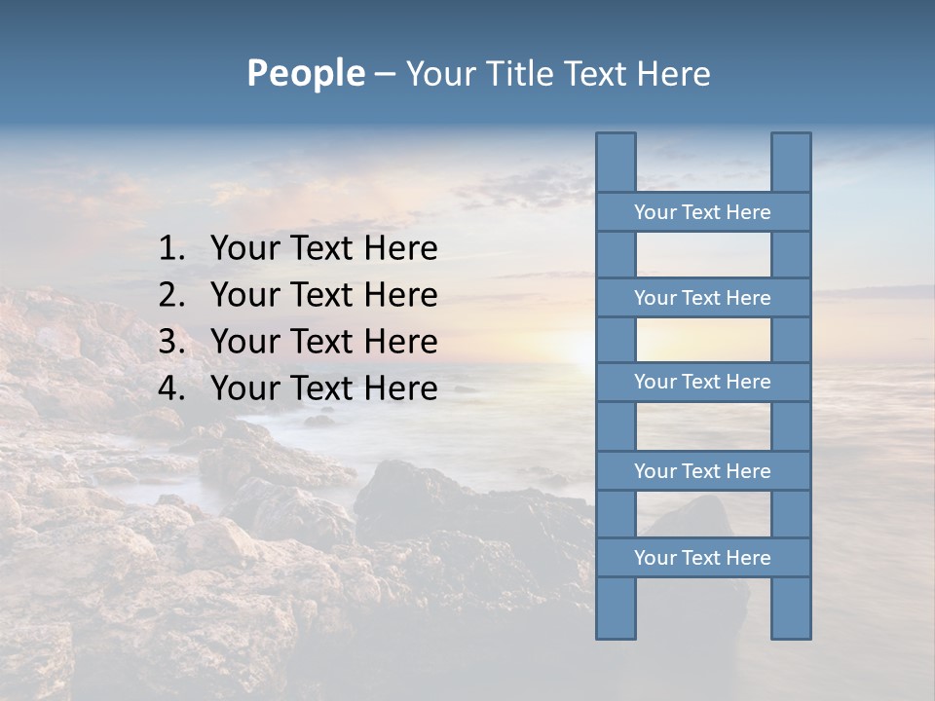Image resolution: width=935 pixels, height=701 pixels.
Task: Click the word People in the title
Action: (x=306, y=73)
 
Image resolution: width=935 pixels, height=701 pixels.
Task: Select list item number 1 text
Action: (x=323, y=248)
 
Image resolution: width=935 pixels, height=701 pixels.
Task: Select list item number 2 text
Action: (x=323, y=295)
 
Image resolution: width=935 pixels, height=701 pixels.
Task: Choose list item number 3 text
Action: (x=323, y=342)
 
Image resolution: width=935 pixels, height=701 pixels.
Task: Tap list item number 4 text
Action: (x=323, y=388)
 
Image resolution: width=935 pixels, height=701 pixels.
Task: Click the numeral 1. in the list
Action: (x=171, y=248)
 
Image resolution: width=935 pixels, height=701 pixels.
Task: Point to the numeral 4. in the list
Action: (x=171, y=388)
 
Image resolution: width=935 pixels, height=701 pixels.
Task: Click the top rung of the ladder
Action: (x=702, y=212)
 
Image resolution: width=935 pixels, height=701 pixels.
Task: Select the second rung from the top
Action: (x=702, y=298)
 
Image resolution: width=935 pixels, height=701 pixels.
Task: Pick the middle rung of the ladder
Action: (x=702, y=382)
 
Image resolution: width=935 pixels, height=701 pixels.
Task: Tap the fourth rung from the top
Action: (x=702, y=471)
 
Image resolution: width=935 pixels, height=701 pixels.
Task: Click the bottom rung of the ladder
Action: (x=702, y=558)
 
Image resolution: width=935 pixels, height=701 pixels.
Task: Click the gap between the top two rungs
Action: (x=703, y=255)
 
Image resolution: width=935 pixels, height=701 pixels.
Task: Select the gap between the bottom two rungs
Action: (x=703, y=514)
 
